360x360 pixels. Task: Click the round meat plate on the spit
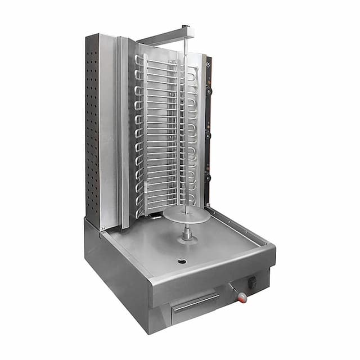(x=186, y=215)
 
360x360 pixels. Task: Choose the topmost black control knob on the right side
(x=209, y=90)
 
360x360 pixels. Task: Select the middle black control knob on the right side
(x=209, y=135)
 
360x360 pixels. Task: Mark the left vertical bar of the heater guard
(x=145, y=135)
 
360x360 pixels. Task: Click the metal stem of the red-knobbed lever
(x=233, y=290)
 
